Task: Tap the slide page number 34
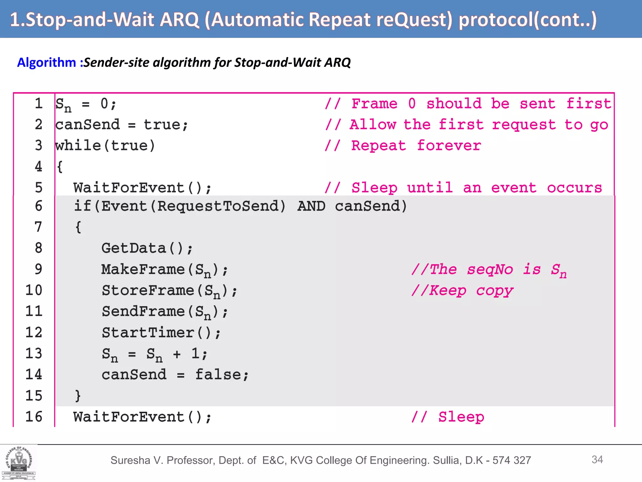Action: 597,459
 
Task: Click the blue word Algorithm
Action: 46,62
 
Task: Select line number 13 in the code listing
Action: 34,353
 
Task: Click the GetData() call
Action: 147,248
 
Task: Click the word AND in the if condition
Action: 311,206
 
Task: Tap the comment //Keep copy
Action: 462,291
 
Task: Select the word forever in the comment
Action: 449,146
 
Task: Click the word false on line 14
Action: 218,375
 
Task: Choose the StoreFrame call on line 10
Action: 169,291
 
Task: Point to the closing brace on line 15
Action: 78,396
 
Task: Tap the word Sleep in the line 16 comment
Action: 461,417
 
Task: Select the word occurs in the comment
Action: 574,188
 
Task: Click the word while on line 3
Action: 78,146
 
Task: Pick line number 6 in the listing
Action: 38,206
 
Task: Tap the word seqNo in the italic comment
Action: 490,270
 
